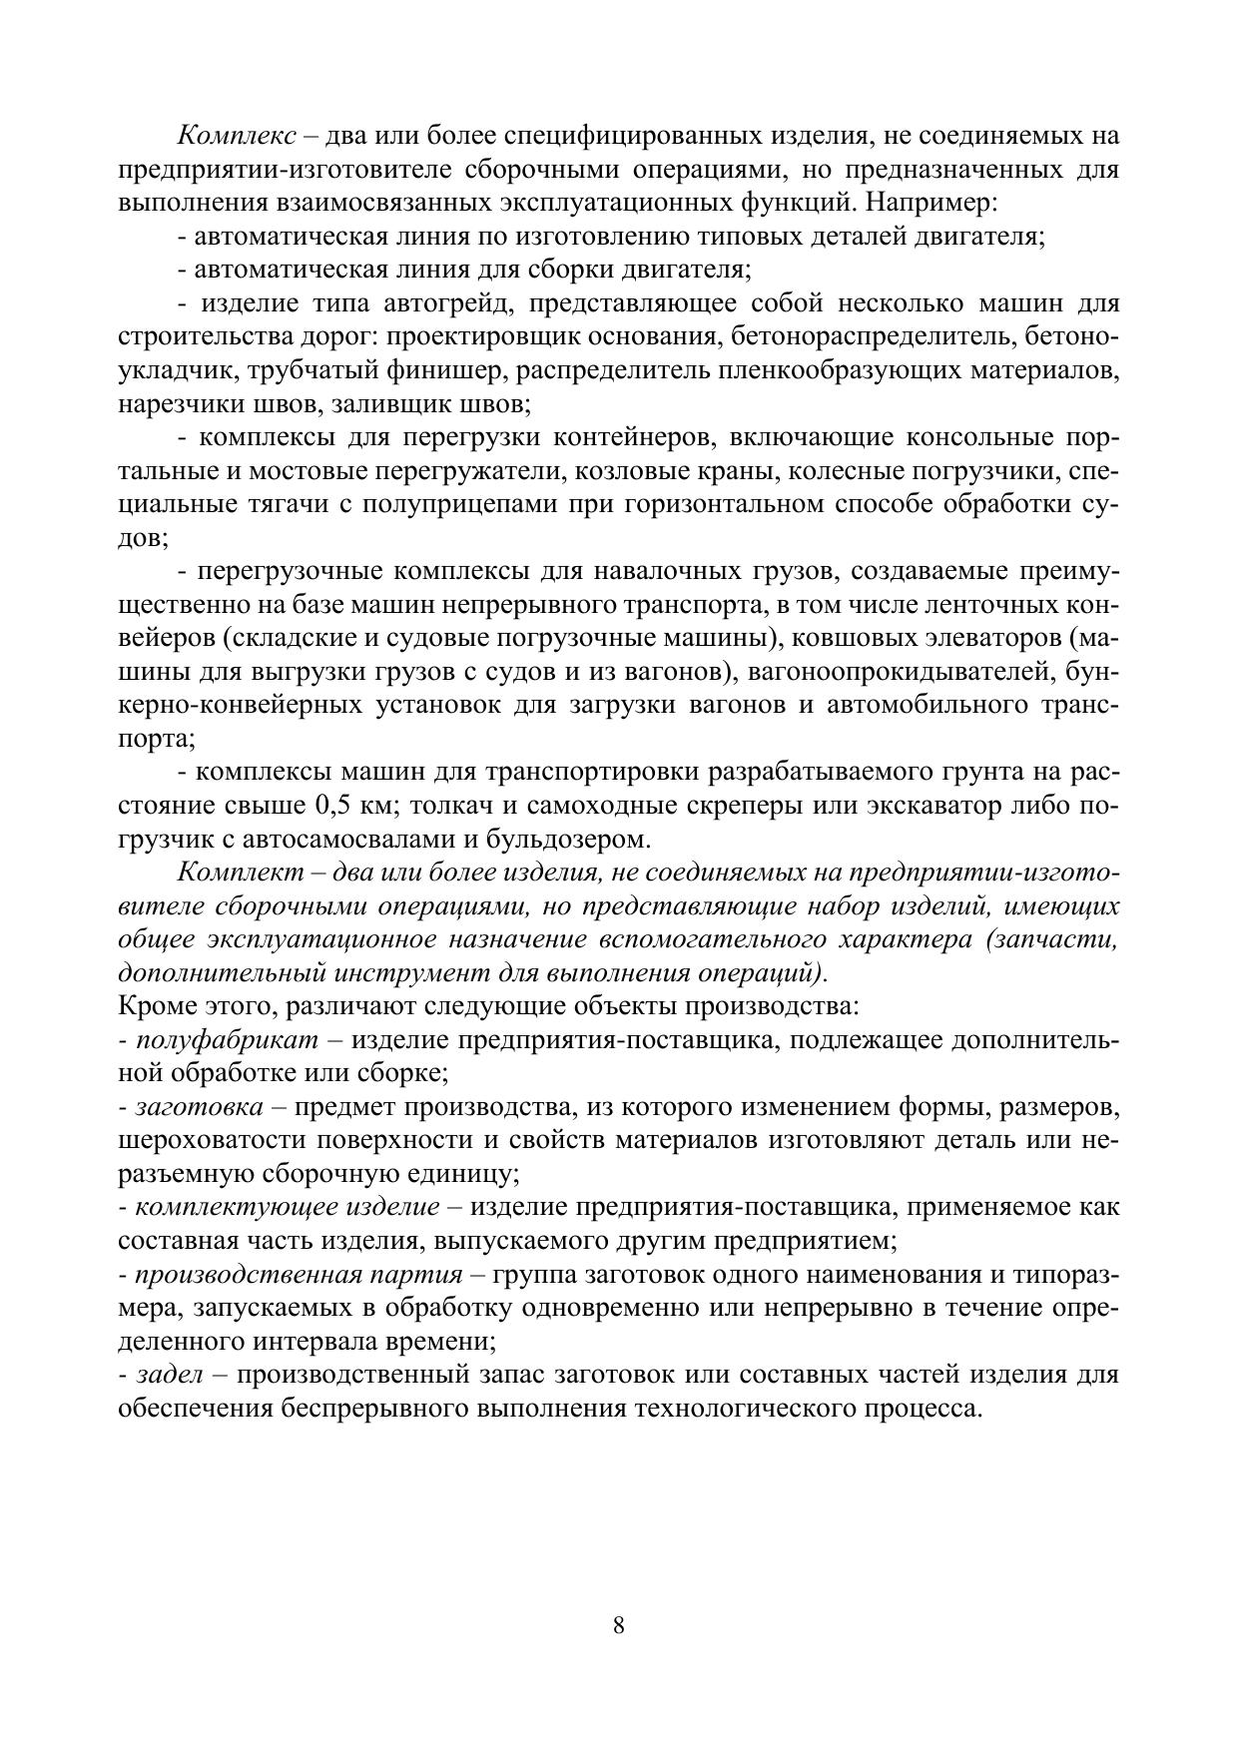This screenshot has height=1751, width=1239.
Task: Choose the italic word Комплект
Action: pyautogui.click(x=241, y=872)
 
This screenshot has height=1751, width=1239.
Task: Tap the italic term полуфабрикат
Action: pyautogui.click(x=227, y=1040)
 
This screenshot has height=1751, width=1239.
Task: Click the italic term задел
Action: pyautogui.click(x=169, y=1374)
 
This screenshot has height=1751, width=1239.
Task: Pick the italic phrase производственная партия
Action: pyautogui.click(x=299, y=1275)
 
